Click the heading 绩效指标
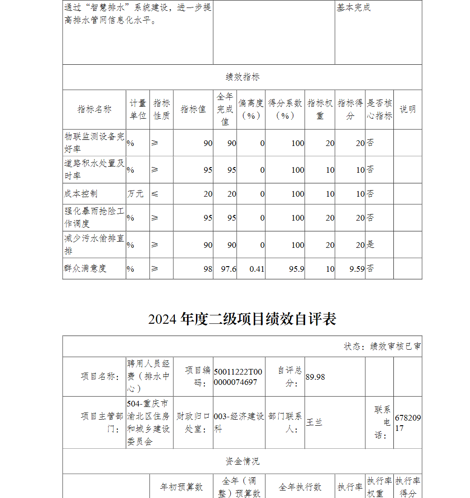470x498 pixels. pyautogui.click(x=242, y=77)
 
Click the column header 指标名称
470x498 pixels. pyautogui.click(x=94, y=109)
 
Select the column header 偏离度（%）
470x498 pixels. pyautogui.click(x=251, y=109)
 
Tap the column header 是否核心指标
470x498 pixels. pyautogui.click(x=379, y=109)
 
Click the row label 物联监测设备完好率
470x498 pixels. pyautogui.click(x=94, y=143)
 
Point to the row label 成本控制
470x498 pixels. pyautogui.click(x=81, y=193)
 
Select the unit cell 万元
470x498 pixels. pyautogui.click(x=135, y=193)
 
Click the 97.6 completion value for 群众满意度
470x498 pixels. pyautogui.click(x=228, y=268)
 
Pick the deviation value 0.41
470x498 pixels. pyautogui.click(x=257, y=268)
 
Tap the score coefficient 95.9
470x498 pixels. pyautogui.click(x=297, y=268)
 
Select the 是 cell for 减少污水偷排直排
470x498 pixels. pyautogui.click(x=370, y=245)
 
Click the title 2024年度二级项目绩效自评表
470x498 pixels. pyautogui.click(x=242, y=319)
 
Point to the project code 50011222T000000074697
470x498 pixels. pyautogui.click(x=238, y=377)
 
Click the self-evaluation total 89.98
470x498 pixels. pyautogui.click(x=315, y=377)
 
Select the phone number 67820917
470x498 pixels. pyautogui.click(x=407, y=422)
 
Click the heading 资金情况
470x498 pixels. pyautogui.click(x=242, y=461)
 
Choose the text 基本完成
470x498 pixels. pyautogui.click(x=353, y=8)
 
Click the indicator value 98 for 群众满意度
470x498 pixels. pyautogui.click(x=208, y=268)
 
